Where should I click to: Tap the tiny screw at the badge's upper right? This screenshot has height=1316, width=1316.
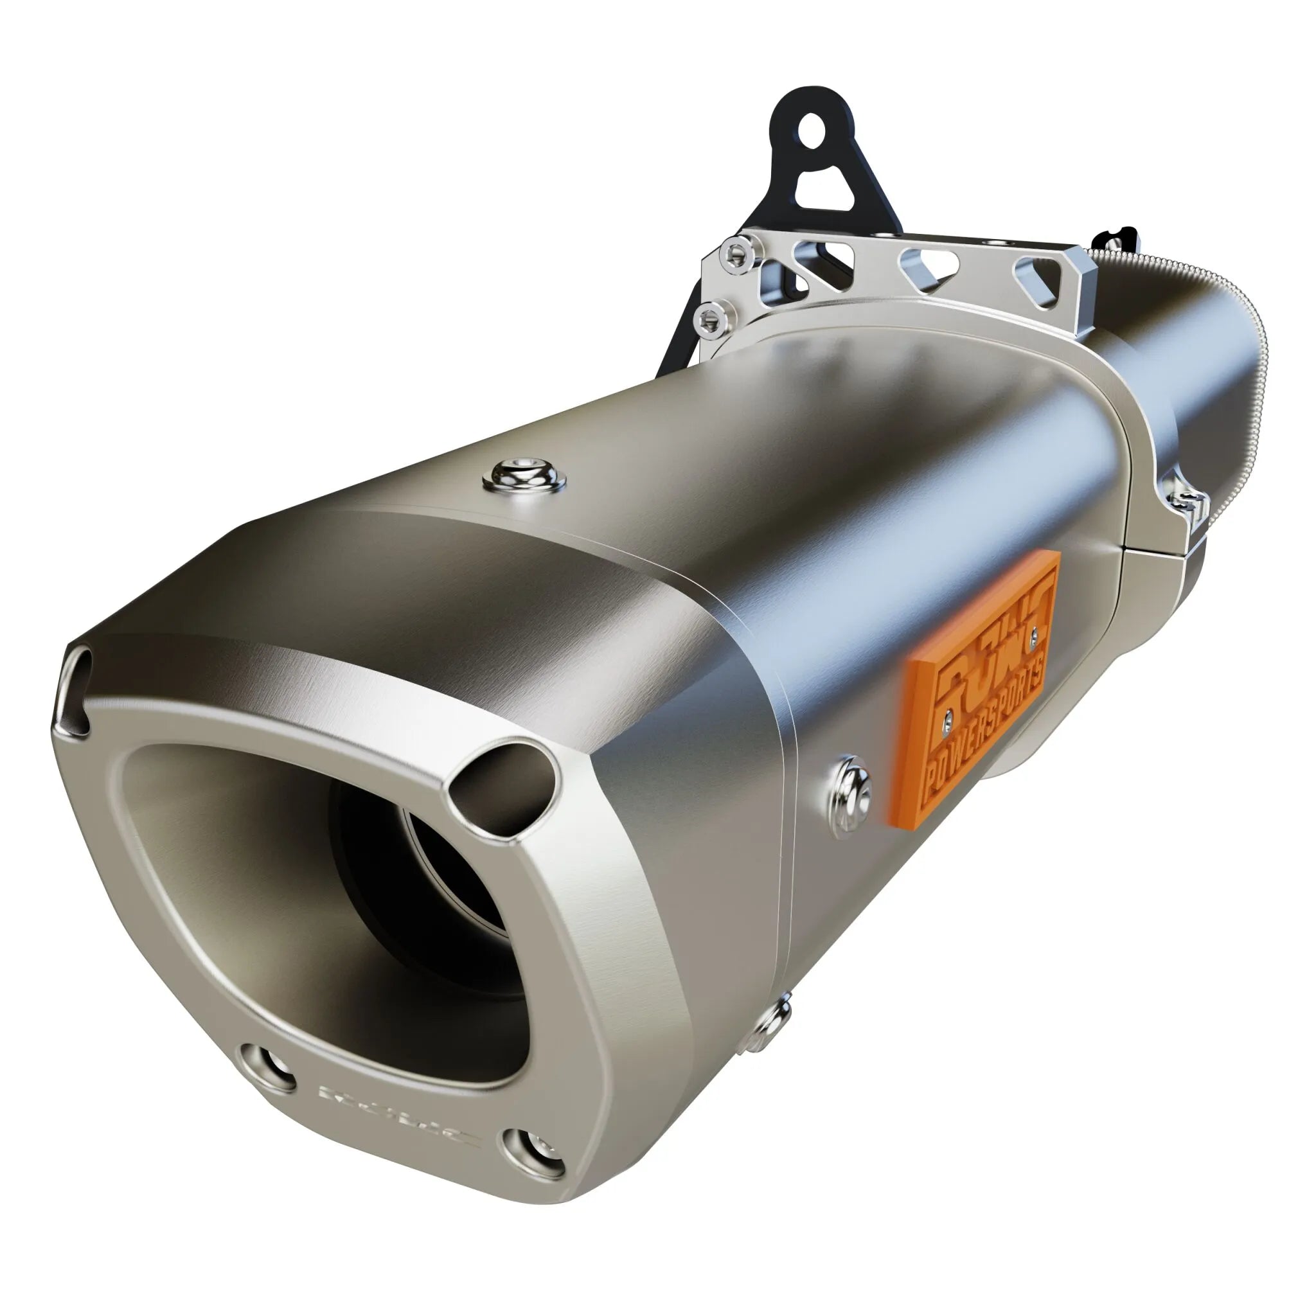(1035, 635)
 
